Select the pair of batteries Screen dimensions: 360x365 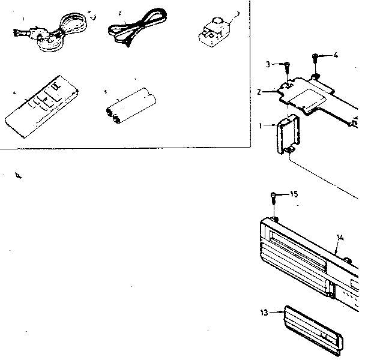point(131,105)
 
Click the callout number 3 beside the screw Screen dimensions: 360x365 point(268,64)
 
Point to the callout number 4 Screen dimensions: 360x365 point(335,56)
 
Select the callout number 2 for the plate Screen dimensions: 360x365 point(259,92)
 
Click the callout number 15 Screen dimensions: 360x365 point(293,194)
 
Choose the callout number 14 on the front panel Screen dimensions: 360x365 point(340,238)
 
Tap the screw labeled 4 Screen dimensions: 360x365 point(315,58)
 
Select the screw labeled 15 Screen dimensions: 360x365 point(274,196)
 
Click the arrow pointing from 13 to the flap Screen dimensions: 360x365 point(277,312)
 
